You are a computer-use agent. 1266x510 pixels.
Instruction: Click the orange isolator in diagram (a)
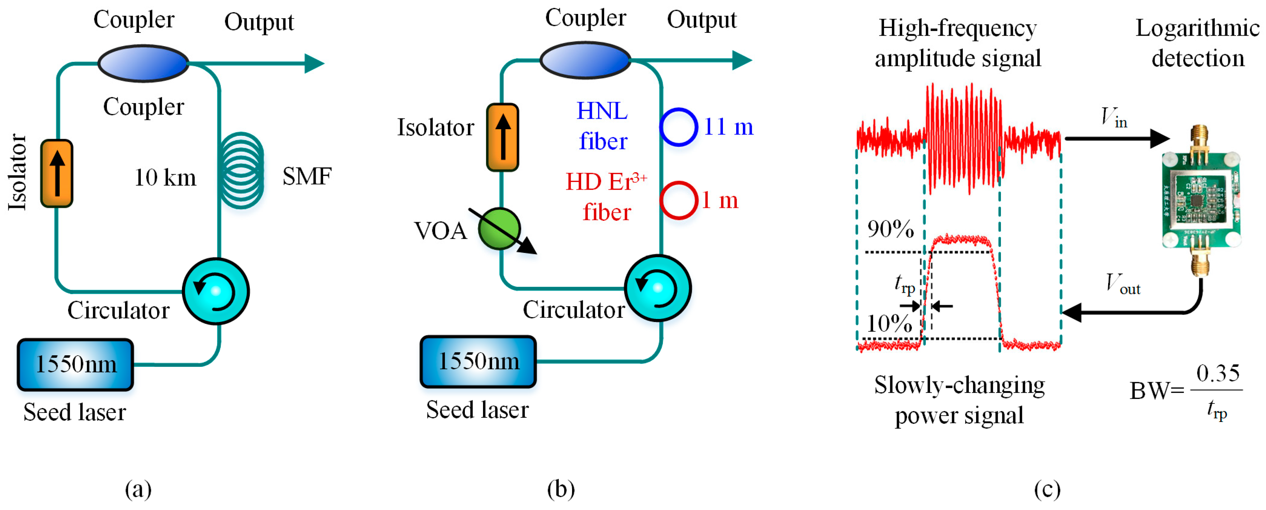(57, 174)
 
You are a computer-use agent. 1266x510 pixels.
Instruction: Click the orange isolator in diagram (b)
(502, 137)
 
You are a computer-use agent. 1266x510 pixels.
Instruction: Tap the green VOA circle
(499, 229)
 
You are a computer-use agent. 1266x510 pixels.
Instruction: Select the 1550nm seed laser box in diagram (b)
(478, 362)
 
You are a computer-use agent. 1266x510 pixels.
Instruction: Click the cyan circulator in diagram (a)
(216, 291)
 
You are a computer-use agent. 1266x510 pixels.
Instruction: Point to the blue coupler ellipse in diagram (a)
(143, 63)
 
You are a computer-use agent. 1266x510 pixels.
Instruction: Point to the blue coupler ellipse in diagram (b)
(585, 60)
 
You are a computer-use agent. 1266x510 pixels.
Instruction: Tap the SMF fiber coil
(241, 170)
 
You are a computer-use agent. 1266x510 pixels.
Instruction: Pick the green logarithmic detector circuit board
(1201, 200)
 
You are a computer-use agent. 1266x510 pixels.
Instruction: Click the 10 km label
(165, 177)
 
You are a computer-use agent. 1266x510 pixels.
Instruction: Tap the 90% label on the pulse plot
(890, 229)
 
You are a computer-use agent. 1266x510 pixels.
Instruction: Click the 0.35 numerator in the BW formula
(1218, 373)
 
